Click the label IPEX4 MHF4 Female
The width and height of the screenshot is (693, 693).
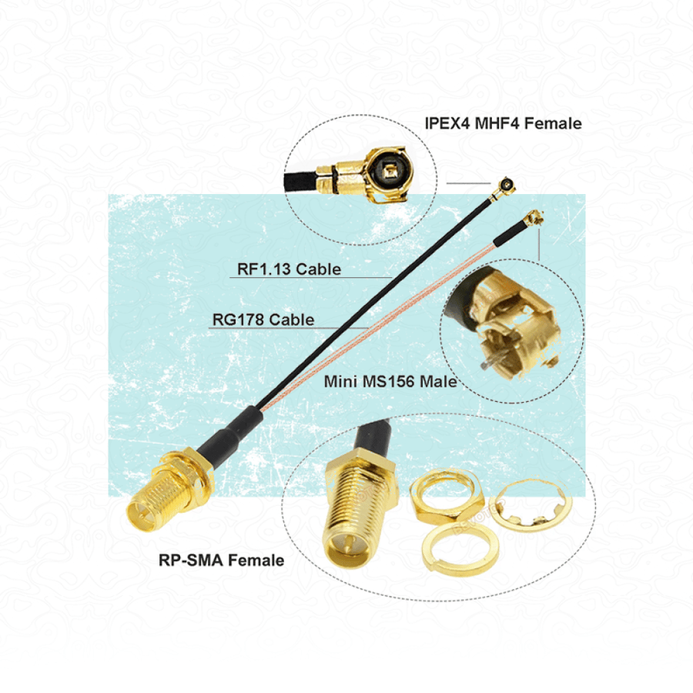(x=503, y=123)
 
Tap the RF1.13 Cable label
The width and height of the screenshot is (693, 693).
(x=289, y=269)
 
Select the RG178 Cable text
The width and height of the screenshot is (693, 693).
(x=263, y=320)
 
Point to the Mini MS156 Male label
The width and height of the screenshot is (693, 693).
(x=390, y=381)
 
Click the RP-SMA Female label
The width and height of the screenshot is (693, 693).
(x=222, y=561)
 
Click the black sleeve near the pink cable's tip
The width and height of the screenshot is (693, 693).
(x=508, y=234)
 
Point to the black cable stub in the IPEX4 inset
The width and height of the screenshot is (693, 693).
(x=300, y=181)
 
